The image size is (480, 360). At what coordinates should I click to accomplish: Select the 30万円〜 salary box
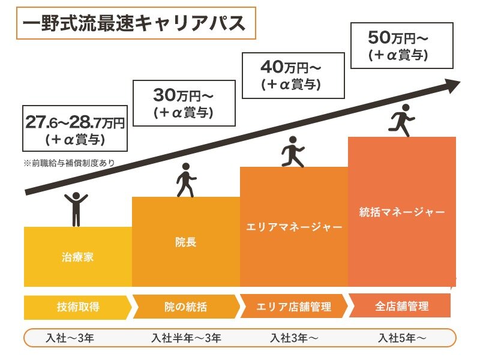[x=184, y=103]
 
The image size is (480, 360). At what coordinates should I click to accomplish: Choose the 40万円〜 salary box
[x=292, y=74]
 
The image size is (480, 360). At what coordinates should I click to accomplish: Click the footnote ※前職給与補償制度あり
[x=69, y=162]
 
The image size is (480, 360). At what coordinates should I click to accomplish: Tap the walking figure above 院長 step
[x=185, y=179]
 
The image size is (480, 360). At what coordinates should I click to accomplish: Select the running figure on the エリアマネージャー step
[x=292, y=151]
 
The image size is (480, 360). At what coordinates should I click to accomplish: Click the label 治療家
[x=77, y=258]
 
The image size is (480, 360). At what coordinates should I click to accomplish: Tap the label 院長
[x=185, y=242]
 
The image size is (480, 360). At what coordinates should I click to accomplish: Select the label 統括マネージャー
[x=401, y=212]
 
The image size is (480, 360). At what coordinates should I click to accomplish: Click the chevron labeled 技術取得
[x=77, y=307]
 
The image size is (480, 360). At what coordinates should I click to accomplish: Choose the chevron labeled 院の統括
[x=185, y=307]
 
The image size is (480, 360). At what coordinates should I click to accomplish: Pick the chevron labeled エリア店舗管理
[x=293, y=307]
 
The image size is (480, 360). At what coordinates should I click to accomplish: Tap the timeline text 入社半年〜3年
[x=186, y=338]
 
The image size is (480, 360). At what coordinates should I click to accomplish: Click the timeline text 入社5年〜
[x=402, y=338]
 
